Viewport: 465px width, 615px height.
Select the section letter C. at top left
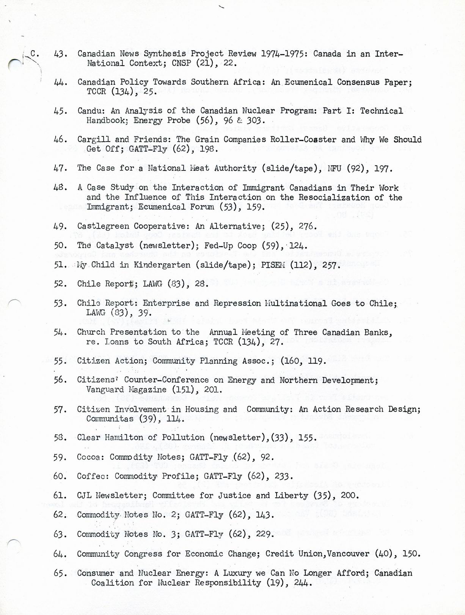click(34, 54)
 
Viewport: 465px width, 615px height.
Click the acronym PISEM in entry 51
click(273, 265)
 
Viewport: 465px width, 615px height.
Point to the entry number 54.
click(60, 332)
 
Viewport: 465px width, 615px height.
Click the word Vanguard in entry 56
click(105, 389)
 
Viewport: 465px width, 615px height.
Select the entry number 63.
click(60, 535)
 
